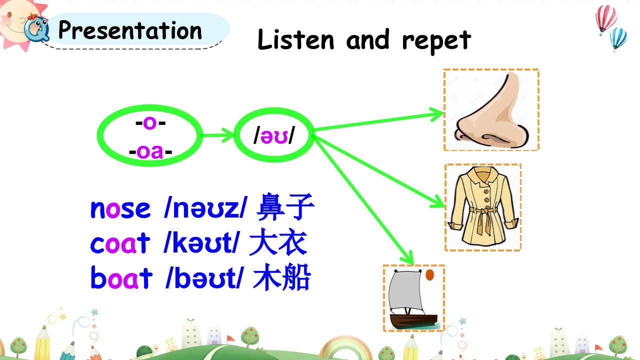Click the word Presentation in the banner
pos(130,30)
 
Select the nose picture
pos(491,110)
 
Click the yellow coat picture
pos(483,207)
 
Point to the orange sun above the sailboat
pos(429,275)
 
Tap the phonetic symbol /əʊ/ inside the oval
pos(273,135)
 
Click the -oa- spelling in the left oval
pos(150,151)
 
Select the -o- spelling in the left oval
pos(150,123)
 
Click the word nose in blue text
pos(120,209)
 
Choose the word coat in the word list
pos(120,243)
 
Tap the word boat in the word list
pos(121,277)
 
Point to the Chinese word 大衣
pos(278,241)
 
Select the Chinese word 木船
pos(281,277)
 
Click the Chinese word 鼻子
pos(285,207)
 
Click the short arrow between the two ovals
pos(217,135)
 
